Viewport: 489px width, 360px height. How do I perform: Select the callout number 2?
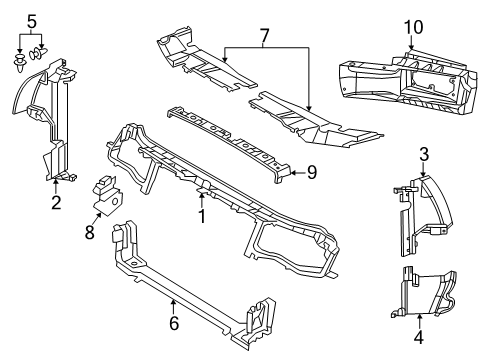56,204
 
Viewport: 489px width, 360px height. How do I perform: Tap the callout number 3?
424,153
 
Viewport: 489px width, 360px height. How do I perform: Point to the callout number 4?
418,337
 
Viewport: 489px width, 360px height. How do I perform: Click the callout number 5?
32,21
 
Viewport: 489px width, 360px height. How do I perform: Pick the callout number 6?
173,323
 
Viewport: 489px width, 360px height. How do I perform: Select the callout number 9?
311,172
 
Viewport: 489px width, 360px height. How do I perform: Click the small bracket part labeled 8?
106,194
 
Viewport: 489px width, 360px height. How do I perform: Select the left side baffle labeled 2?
50,120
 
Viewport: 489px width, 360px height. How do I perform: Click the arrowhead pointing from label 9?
295,172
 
